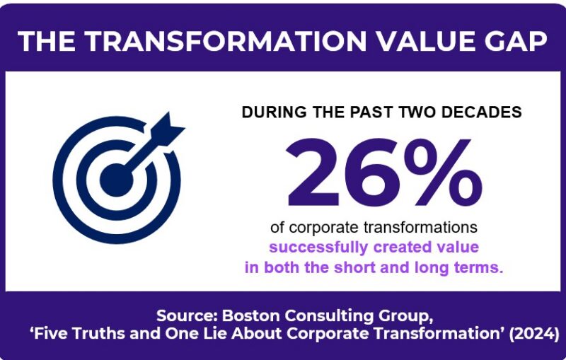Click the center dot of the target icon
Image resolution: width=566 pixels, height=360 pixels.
point(116,180)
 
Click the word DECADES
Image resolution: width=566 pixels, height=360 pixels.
point(481,112)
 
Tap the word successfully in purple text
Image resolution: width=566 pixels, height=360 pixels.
point(318,248)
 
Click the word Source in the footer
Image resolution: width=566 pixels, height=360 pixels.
point(187,315)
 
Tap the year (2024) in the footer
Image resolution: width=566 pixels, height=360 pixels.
point(534,334)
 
